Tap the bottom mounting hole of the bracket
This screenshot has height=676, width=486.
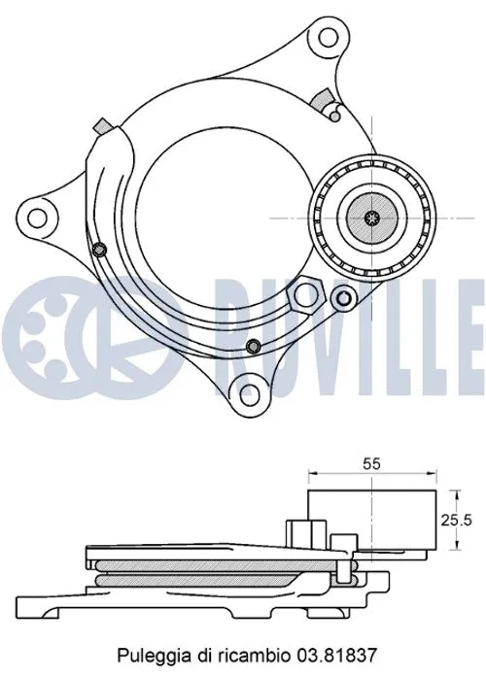250,393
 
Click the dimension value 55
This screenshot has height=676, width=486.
371,464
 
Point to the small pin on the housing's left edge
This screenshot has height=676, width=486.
99,251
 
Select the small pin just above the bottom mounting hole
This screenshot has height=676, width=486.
253,348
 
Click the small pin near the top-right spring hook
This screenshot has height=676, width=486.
333,116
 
